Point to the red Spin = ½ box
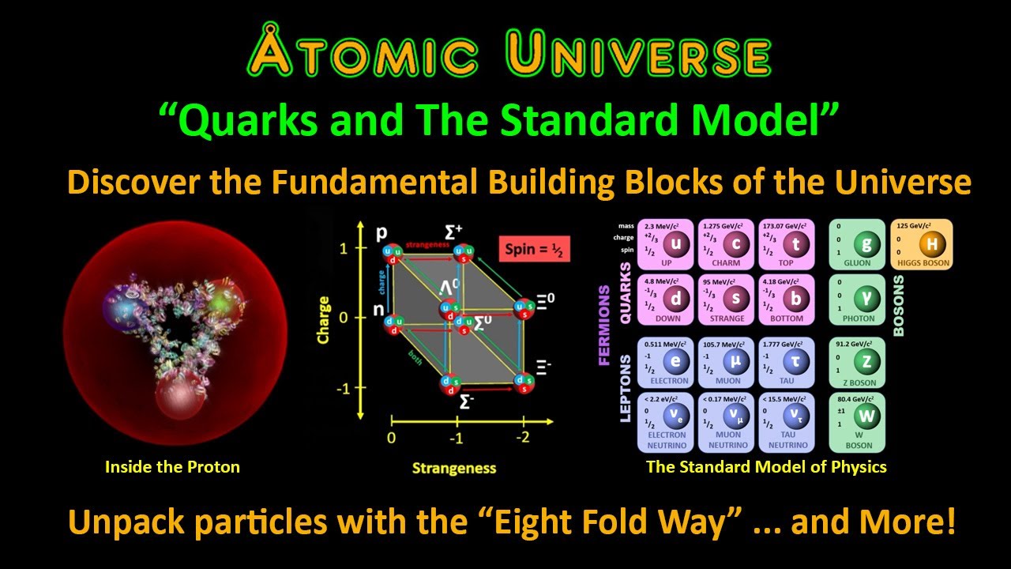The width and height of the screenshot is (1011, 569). (535, 249)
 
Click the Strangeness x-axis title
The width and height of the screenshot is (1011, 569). (453, 468)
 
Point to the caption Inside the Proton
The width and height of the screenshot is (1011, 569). (172, 466)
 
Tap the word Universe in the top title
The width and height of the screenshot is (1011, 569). (639, 55)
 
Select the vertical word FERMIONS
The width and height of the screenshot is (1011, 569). (605, 325)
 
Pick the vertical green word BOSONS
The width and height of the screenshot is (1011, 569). (898, 305)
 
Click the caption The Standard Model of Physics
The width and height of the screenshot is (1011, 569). (766, 466)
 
